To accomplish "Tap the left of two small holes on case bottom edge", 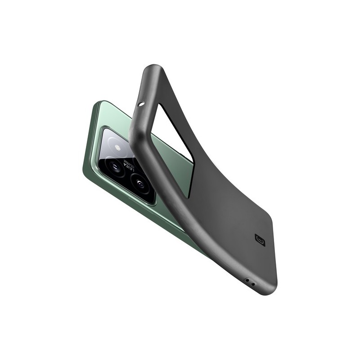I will tap(246, 280).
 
